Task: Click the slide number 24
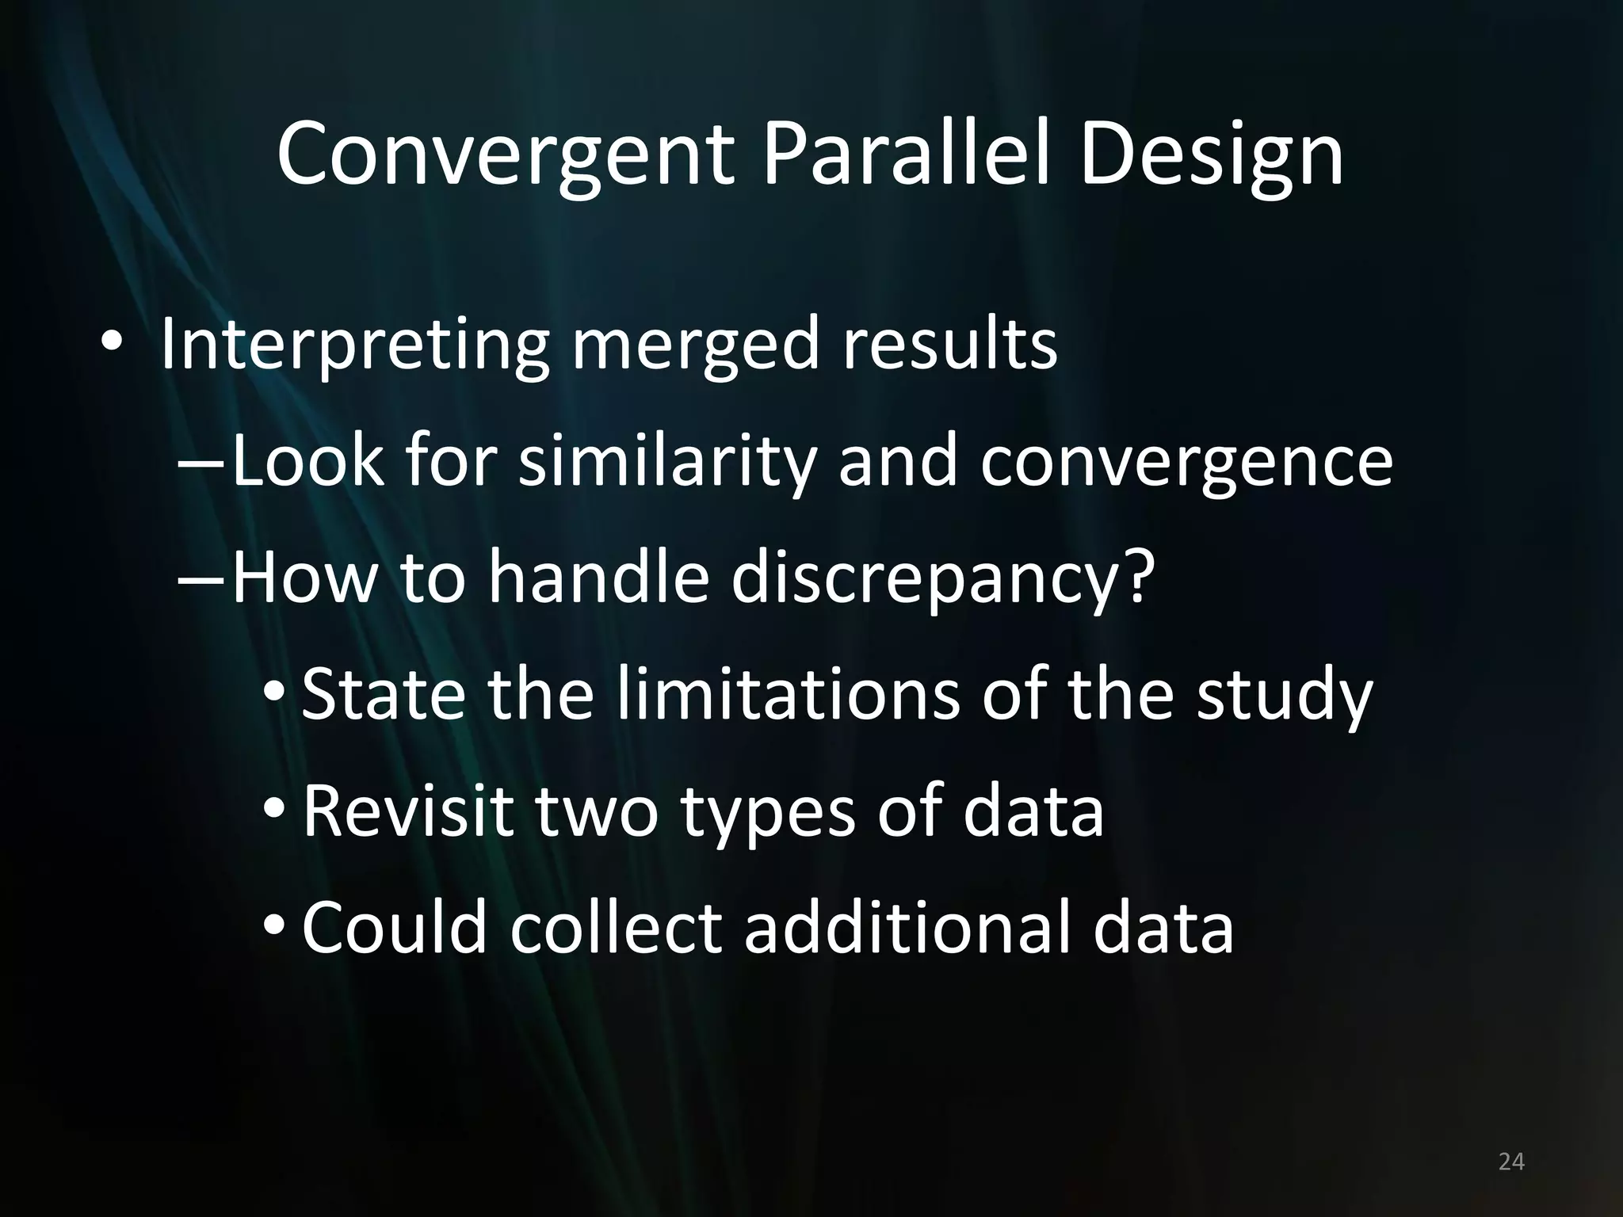1511,1162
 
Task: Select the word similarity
666,464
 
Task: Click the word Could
394,927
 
